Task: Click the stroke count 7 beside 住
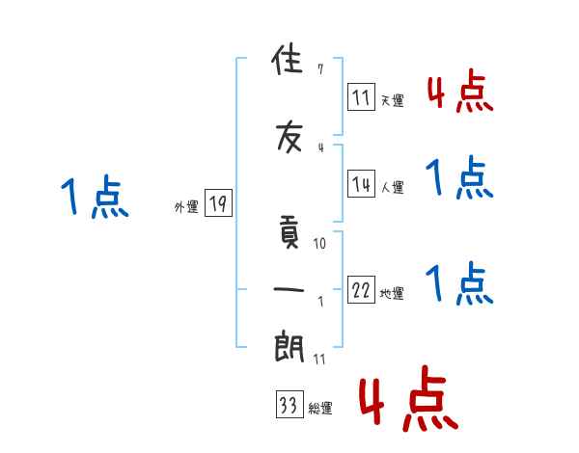coord(319,69)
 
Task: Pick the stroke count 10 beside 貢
coord(320,244)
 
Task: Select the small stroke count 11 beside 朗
coord(319,360)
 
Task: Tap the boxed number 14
coord(361,182)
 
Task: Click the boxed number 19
coord(218,202)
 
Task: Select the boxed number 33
coord(289,406)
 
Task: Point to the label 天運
coord(392,99)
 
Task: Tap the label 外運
coord(186,206)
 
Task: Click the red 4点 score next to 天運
coord(460,93)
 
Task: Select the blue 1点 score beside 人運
coord(460,179)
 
